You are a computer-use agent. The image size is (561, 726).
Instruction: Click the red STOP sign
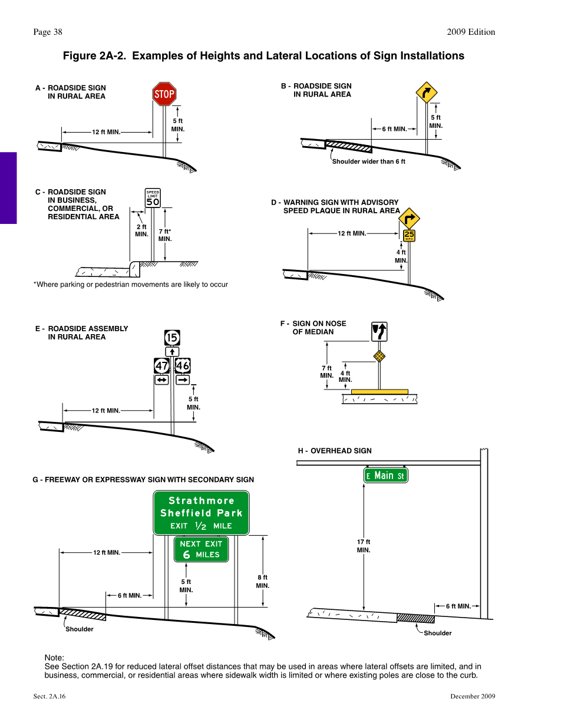click(164, 94)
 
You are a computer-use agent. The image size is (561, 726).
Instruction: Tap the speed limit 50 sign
click(153, 199)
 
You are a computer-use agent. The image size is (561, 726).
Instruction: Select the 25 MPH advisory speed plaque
click(410, 235)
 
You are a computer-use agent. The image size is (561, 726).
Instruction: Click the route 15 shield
click(172, 338)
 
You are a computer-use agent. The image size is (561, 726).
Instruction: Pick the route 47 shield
click(162, 366)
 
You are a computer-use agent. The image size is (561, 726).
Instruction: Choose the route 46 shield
click(183, 366)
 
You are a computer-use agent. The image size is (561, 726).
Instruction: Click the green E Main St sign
click(385, 476)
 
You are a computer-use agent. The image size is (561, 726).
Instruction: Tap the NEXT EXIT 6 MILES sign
click(201, 549)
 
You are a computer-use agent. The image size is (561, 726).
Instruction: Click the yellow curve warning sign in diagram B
click(426, 93)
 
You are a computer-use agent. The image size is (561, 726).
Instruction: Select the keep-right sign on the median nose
click(379, 332)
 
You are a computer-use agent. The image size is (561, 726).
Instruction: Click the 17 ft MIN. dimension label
click(364, 546)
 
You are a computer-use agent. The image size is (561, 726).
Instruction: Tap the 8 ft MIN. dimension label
click(262, 582)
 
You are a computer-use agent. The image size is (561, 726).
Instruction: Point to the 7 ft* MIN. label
click(165, 235)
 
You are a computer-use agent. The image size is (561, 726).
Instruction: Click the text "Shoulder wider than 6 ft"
click(368, 161)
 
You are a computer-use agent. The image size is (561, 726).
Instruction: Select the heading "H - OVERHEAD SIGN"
click(335, 451)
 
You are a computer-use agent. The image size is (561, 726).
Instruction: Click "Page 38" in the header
click(48, 32)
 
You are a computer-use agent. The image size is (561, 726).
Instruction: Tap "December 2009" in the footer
click(473, 697)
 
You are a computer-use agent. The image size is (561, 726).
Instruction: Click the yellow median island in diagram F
click(379, 391)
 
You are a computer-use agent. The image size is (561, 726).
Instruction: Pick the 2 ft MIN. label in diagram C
click(141, 230)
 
